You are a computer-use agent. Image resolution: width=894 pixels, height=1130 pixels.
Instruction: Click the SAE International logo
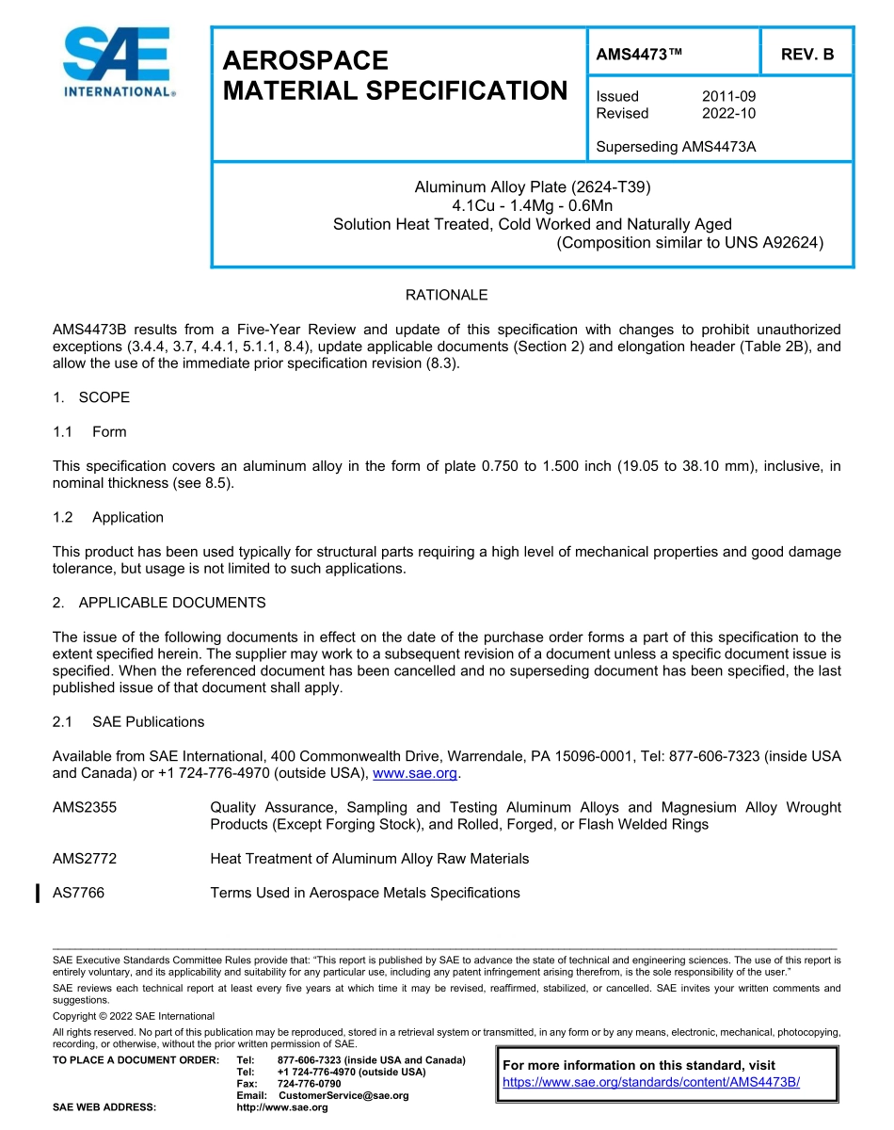[x=118, y=62]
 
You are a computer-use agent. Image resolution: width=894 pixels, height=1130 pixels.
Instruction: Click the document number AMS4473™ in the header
[x=639, y=55]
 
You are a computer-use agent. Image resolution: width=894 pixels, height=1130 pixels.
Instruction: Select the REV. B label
[x=807, y=55]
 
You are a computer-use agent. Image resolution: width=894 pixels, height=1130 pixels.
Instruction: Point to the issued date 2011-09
[x=728, y=96]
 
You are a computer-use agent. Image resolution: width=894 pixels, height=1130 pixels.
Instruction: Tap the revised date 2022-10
[x=728, y=113]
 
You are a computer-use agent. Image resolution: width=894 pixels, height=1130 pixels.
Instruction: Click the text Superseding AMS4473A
[x=677, y=147]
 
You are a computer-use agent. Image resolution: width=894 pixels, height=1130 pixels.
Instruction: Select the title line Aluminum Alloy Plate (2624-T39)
[x=533, y=187]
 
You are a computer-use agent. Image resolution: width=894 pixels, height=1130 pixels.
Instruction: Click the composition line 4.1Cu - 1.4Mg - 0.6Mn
[x=533, y=205]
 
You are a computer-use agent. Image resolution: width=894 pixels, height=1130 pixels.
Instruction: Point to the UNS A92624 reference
[x=776, y=242]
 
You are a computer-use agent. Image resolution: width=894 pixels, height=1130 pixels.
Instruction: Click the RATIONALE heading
[x=446, y=295]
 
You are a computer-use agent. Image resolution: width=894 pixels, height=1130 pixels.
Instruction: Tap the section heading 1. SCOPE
[x=91, y=397]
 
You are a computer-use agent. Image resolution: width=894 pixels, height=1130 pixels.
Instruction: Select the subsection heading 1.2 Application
[x=108, y=517]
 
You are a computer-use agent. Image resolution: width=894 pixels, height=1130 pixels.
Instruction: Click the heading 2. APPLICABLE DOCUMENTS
[x=159, y=603]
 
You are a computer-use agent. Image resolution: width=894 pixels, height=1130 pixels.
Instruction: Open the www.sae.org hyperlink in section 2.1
[x=415, y=773]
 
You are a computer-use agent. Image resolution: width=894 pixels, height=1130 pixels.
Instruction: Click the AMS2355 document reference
[x=85, y=807]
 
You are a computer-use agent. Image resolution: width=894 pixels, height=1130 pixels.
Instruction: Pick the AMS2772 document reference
[x=85, y=859]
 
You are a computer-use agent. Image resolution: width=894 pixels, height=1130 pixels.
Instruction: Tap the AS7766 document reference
[x=79, y=893]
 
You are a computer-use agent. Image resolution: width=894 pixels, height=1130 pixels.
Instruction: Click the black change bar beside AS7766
[x=37, y=893]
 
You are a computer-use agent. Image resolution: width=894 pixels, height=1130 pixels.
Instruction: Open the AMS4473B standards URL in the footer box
[x=651, y=1082]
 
